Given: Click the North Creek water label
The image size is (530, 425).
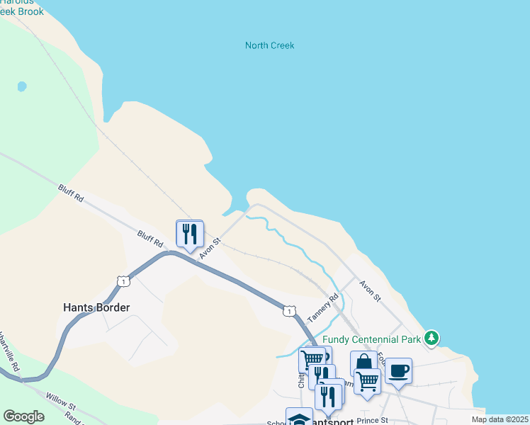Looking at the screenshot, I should (269, 45).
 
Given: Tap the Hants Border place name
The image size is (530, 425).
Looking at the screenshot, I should (96, 307).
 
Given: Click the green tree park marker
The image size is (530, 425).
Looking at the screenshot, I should (432, 338).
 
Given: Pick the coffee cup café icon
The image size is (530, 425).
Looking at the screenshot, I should (398, 370).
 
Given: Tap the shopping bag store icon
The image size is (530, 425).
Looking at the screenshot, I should (363, 363).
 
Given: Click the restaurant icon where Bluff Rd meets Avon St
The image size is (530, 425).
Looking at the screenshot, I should (190, 233).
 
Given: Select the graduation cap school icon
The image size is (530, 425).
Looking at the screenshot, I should (299, 418).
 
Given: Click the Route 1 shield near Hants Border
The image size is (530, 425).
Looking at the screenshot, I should (124, 281).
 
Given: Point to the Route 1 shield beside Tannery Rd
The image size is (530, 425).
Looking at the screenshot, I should (288, 310).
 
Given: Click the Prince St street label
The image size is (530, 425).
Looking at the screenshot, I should (373, 421).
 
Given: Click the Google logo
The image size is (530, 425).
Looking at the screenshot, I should (23, 416).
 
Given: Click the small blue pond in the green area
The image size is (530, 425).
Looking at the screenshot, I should (22, 86).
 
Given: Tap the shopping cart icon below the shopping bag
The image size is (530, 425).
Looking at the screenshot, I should (367, 381).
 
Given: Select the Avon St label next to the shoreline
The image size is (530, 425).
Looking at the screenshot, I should (370, 290).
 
